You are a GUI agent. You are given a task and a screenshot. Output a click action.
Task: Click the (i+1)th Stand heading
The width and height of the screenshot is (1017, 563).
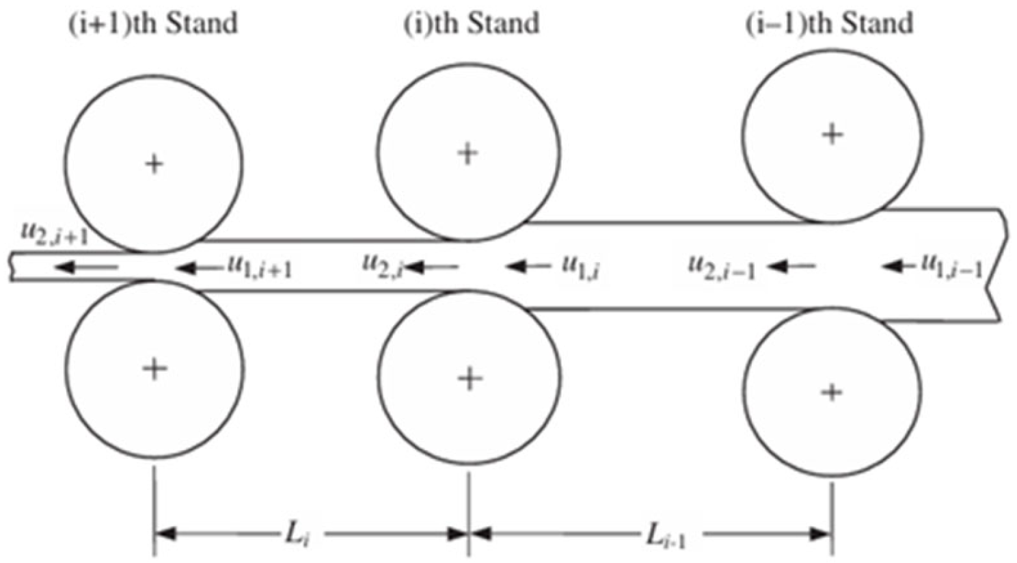point(153,22)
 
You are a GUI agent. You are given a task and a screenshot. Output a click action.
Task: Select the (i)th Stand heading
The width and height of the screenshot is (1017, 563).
point(472,23)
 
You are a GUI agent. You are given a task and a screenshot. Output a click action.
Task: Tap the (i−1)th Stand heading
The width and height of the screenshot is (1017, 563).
point(829,23)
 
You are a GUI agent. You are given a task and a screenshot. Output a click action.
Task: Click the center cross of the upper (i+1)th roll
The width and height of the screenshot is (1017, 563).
point(154,164)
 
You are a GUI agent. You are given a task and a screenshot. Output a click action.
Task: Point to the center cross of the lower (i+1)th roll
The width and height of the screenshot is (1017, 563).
point(154,369)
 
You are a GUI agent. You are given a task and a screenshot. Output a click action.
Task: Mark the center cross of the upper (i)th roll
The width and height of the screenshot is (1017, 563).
point(467,153)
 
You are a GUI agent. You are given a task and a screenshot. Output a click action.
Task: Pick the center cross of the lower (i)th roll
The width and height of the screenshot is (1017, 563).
point(469,378)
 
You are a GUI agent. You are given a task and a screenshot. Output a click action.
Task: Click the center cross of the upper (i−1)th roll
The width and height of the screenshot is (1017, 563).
point(832,134)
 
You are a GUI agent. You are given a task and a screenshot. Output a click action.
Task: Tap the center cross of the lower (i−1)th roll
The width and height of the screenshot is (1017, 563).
point(832,392)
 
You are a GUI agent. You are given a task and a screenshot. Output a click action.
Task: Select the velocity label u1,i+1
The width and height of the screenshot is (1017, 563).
point(260,267)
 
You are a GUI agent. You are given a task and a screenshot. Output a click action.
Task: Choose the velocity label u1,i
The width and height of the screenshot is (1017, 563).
point(581,265)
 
